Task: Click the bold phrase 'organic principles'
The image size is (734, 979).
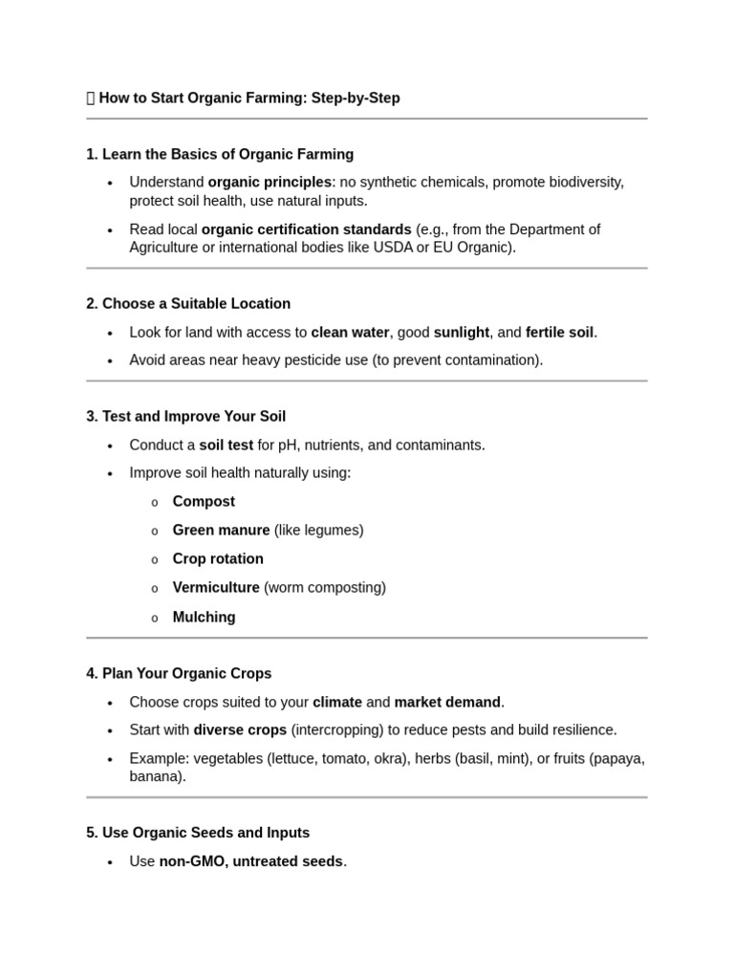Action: (270, 182)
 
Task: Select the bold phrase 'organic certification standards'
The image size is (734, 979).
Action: (306, 229)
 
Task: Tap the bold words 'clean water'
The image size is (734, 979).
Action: (350, 333)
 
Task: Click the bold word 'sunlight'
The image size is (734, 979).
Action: (462, 333)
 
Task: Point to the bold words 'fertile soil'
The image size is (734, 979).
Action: (559, 333)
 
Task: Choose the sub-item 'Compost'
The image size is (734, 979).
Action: (204, 502)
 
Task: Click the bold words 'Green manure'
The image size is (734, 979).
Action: (221, 530)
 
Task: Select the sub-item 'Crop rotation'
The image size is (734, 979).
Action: (218, 558)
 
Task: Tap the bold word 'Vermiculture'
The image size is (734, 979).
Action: (216, 587)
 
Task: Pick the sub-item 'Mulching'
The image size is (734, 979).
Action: (204, 617)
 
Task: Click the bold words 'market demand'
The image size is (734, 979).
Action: (447, 702)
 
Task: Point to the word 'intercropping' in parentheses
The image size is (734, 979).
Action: (337, 730)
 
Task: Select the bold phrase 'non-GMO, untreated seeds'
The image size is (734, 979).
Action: (250, 861)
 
